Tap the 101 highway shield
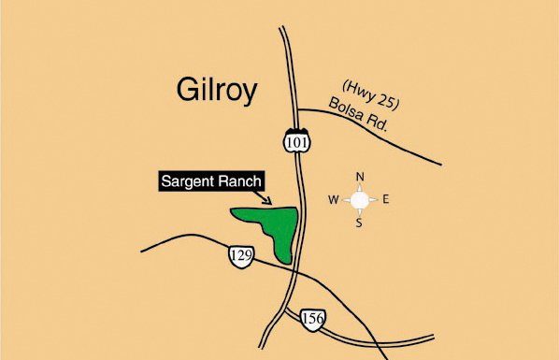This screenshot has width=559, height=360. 294,138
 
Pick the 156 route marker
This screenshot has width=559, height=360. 313,320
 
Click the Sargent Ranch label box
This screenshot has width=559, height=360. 210,180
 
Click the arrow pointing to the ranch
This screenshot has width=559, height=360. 266,197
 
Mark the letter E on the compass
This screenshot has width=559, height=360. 386,199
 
